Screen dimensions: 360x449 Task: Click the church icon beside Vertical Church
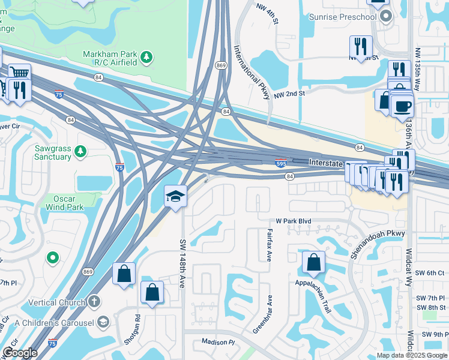(94, 302)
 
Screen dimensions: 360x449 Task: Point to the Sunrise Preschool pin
(385, 16)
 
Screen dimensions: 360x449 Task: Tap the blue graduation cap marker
(175, 196)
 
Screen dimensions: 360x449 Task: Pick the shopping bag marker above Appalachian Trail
(313, 262)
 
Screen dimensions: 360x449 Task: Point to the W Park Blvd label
(294, 221)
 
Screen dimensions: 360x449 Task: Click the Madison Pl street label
(218, 341)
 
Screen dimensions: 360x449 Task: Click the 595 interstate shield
(280, 162)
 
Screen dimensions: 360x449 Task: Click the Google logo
(20, 353)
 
